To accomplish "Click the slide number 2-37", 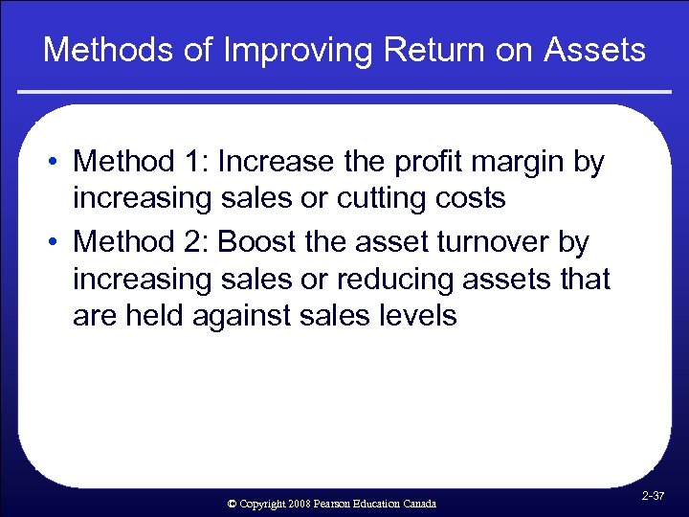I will pyautogui.click(x=655, y=496).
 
